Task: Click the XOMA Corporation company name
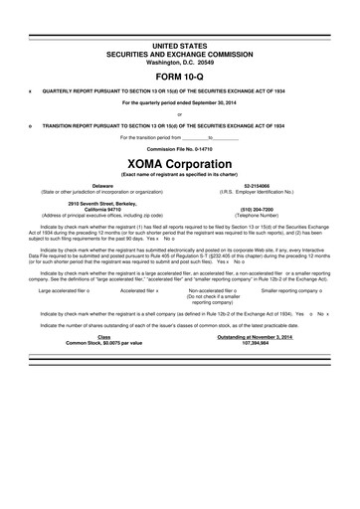(x=180, y=161)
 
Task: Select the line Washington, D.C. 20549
(x=180, y=62)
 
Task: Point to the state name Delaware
(x=102, y=185)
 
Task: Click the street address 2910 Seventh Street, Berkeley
(x=102, y=204)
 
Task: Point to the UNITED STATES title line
(x=180, y=46)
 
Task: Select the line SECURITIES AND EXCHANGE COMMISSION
(x=180, y=54)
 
